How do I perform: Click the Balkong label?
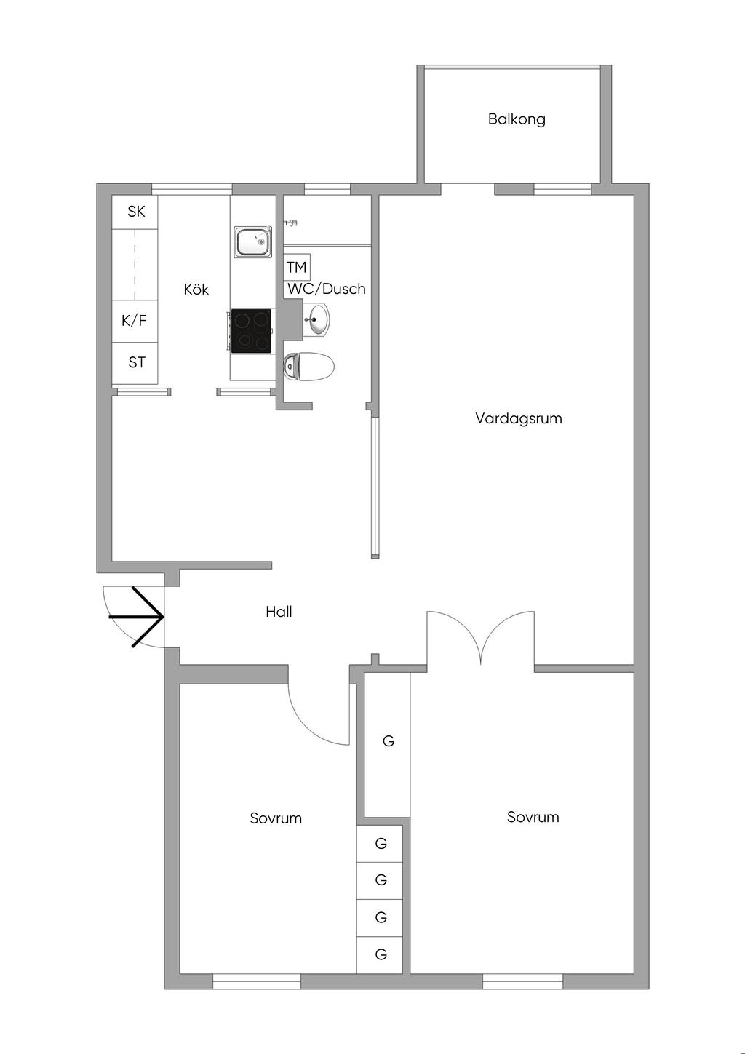click(517, 119)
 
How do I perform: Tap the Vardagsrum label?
click(519, 418)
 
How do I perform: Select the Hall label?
click(279, 612)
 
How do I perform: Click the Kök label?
click(196, 289)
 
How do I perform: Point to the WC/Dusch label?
click(327, 289)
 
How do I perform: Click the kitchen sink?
click(253, 241)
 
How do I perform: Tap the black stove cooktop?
click(251, 331)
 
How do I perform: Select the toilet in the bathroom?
click(308, 367)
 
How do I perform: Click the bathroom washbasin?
click(316, 319)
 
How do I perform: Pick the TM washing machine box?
click(297, 267)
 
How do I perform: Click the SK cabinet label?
click(137, 212)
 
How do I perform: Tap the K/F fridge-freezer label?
click(134, 321)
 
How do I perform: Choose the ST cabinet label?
click(137, 362)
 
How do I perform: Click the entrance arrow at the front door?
click(137, 617)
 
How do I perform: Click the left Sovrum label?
click(276, 818)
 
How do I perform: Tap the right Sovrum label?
click(533, 817)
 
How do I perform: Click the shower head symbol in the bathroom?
click(292, 222)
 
